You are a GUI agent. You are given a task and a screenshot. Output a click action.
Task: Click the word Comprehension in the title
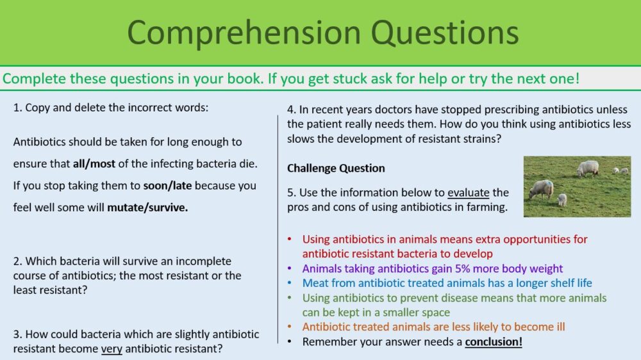tap(244, 33)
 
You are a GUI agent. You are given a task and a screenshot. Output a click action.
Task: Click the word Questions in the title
tap(445, 32)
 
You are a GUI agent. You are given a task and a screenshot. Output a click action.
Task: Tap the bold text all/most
tap(94, 164)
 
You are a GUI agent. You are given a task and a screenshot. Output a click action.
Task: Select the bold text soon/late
tap(167, 186)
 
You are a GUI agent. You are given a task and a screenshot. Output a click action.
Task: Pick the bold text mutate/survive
tap(147, 208)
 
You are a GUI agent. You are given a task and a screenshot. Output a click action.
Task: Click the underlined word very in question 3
tap(112, 349)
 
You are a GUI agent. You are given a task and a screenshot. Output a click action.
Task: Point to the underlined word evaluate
tap(469, 192)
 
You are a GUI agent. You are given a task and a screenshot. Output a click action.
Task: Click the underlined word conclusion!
tap(494, 341)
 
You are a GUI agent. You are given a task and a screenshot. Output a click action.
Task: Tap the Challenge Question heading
tap(336, 168)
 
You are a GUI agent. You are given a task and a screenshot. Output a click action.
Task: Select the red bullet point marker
tap(290, 239)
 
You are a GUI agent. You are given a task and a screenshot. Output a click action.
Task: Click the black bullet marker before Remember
tap(290, 341)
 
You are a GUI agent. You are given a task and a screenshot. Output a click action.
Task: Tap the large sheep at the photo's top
tap(587, 168)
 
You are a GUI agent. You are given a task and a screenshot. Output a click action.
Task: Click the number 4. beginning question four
tap(292, 110)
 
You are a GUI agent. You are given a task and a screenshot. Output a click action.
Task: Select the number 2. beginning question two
tap(17, 261)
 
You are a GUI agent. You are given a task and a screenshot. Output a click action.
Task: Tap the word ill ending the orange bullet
tap(560, 327)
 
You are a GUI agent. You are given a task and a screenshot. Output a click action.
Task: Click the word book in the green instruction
tap(245, 78)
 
